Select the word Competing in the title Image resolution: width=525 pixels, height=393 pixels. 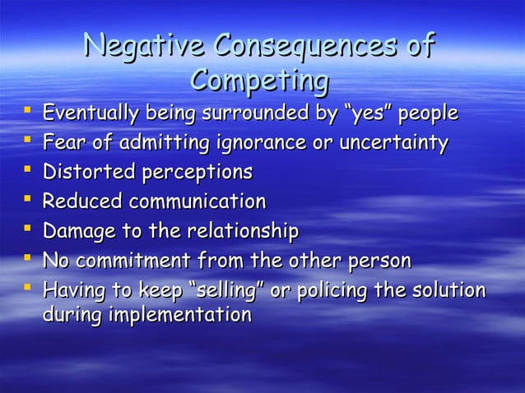coord(260,82)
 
